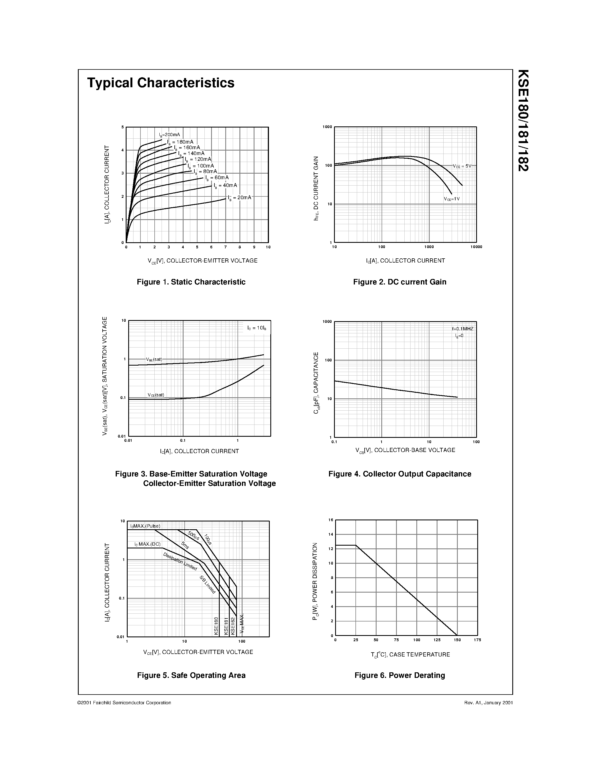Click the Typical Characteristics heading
pyautogui.click(x=161, y=83)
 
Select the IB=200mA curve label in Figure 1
pyautogui.click(x=169, y=135)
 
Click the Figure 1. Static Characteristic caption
pyautogui.click(x=191, y=282)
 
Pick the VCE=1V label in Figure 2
pyautogui.click(x=452, y=199)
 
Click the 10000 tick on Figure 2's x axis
pyautogui.click(x=476, y=247)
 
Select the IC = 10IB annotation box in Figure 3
pyautogui.click(x=257, y=328)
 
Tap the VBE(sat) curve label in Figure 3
pyautogui.click(x=154, y=359)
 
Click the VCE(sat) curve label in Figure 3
pyautogui.click(x=156, y=395)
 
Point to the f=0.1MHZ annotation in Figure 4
pyautogui.click(x=463, y=329)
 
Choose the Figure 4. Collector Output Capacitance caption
pyautogui.click(x=399, y=474)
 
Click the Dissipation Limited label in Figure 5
pyautogui.click(x=180, y=561)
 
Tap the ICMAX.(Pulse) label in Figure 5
pyautogui.click(x=145, y=526)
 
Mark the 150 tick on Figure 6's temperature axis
pyautogui.click(x=457, y=640)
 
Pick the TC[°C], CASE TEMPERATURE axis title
pyautogui.click(x=410, y=655)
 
